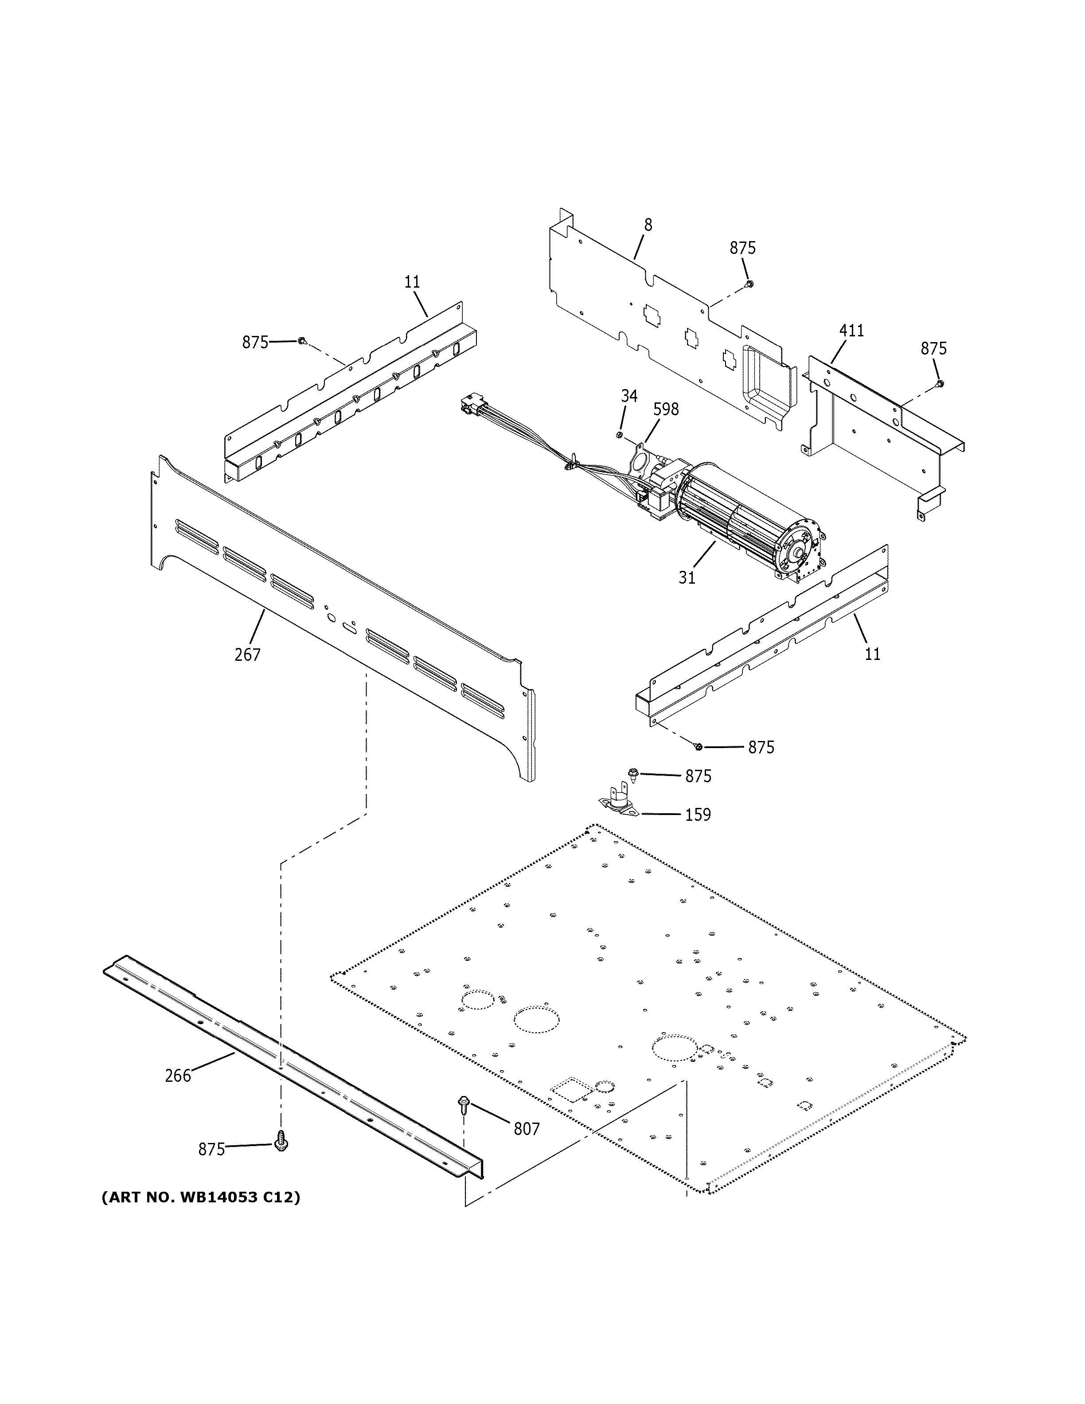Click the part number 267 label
247,655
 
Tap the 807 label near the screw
527,1128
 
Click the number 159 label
698,815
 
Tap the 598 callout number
666,409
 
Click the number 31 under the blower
687,578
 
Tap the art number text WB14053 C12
200,1197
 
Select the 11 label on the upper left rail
412,281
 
